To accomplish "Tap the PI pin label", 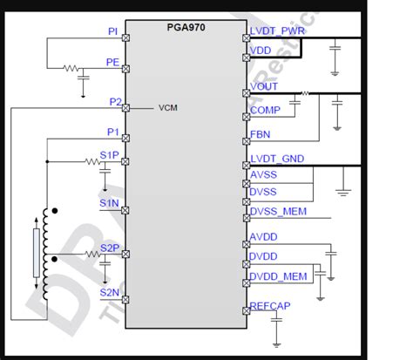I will pyautogui.click(x=113, y=31).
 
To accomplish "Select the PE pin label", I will pyautogui.click(x=112, y=62).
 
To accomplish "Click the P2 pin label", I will pyautogui.click(x=114, y=102).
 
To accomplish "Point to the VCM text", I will pyautogui.click(x=168, y=109).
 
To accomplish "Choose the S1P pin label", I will pyautogui.click(x=109, y=155).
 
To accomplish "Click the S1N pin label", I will pyautogui.click(x=109, y=202).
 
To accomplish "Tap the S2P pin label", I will pyautogui.click(x=109, y=247).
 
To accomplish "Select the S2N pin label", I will pyautogui.click(x=109, y=293).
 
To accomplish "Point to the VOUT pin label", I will pyautogui.click(x=265, y=86).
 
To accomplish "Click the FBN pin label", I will pyautogui.click(x=261, y=135).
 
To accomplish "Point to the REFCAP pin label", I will pyautogui.click(x=271, y=307).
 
